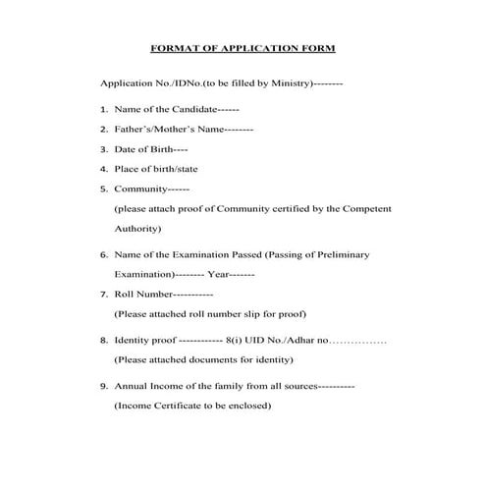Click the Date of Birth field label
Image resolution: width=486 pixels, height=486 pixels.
click(143, 149)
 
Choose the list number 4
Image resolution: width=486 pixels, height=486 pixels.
click(103, 169)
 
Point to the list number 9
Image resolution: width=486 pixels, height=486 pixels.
click(103, 386)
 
